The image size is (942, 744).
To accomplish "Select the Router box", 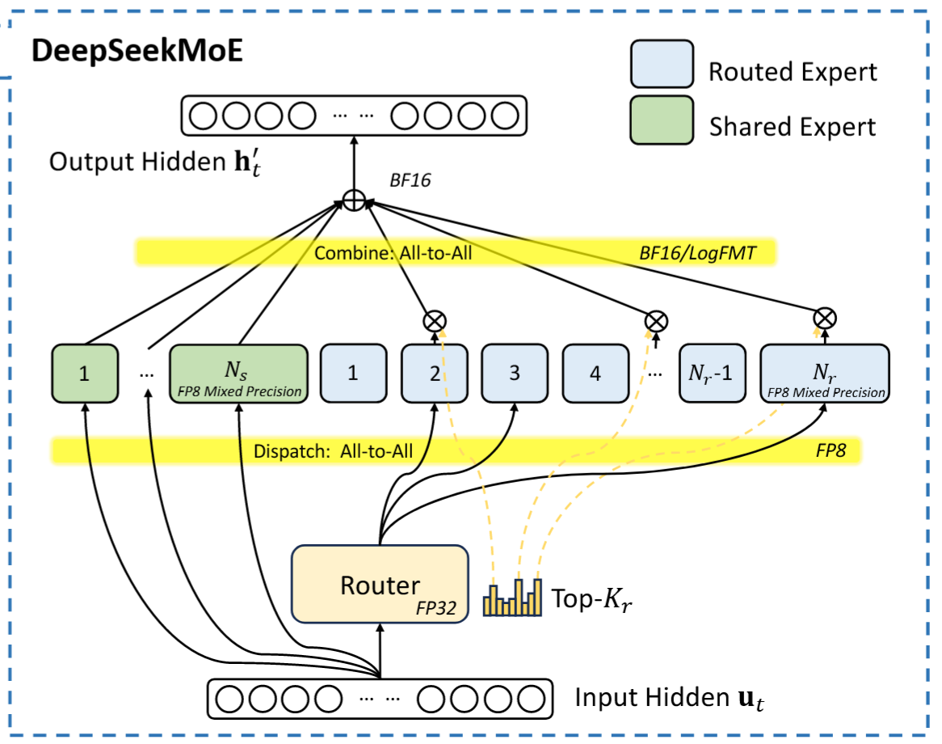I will pyautogui.click(x=380, y=584).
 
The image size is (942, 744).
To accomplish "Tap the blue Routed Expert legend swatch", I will pyautogui.click(x=661, y=64).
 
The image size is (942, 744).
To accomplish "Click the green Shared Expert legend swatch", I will pyautogui.click(x=661, y=120).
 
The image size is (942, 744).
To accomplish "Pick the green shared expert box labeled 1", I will pyautogui.click(x=85, y=374).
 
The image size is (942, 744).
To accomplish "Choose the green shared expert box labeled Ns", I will pyautogui.click(x=238, y=374).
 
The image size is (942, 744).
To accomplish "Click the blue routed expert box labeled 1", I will pyautogui.click(x=353, y=374).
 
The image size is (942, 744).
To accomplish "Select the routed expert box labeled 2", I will pyautogui.click(x=434, y=374).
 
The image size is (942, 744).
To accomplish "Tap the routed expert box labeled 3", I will pyautogui.click(x=514, y=374).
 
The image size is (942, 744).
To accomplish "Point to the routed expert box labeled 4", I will pyautogui.click(x=595, y=374).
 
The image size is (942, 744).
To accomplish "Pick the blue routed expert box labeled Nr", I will pyautogui.click(x=824, y=374).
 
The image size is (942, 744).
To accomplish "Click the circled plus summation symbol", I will pyautogui.click(x=353, y=200).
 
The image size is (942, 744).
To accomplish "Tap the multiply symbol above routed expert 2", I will pyautogui.click(x=434, y=321).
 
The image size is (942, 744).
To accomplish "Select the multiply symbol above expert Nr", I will pyautogui.click(x=824, y=318).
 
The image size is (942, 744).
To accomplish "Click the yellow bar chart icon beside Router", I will pyautogui.click(x=512, y=598).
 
